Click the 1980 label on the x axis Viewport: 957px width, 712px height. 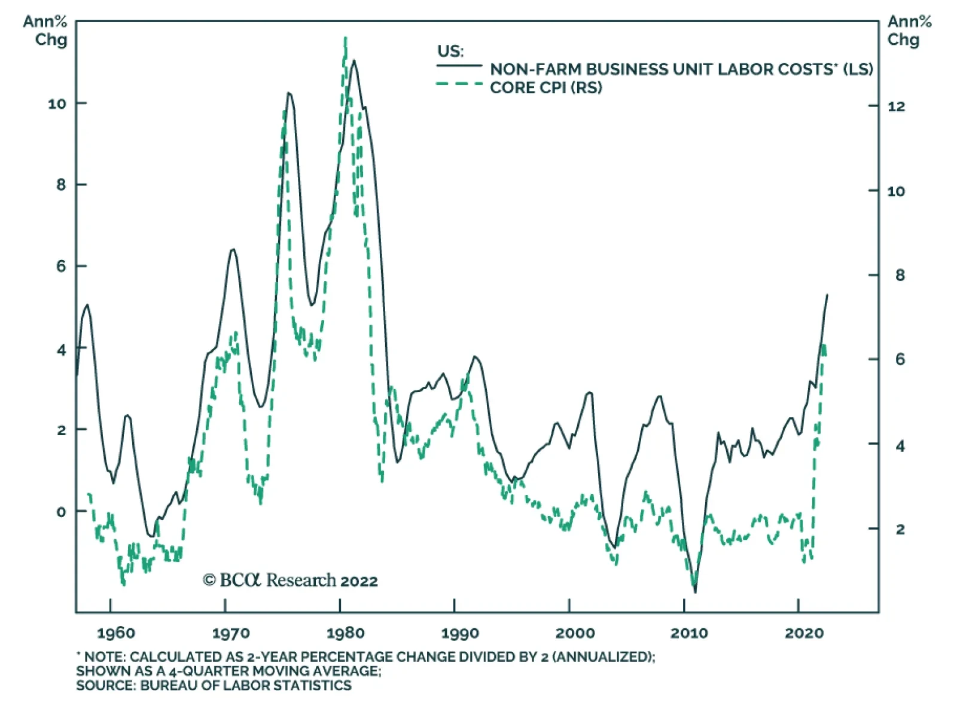pos(345,632)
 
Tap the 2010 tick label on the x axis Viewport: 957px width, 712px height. pos(689,632)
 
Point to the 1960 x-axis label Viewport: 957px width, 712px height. pos(116,632)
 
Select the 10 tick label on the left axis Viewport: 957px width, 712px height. pos(57,104)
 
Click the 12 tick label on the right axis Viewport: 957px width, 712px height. pos(895,107)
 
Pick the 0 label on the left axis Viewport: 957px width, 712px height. pos(61,512)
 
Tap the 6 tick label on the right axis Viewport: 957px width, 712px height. pos(900,359)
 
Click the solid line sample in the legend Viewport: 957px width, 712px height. pos(459,65)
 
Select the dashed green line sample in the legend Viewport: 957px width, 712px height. pos(459,84)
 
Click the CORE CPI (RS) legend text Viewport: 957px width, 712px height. pos(545,88)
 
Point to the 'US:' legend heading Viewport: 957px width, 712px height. pos(450,51)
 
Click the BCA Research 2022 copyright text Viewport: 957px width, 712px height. pos(290,580)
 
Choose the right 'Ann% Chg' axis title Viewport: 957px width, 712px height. pos(909,31)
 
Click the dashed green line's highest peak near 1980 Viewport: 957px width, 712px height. pos(345,38)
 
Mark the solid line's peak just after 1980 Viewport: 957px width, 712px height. pos(354,60)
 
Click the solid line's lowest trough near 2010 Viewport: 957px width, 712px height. pos(695,592)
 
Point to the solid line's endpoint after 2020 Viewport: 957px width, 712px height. pos(827,295)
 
